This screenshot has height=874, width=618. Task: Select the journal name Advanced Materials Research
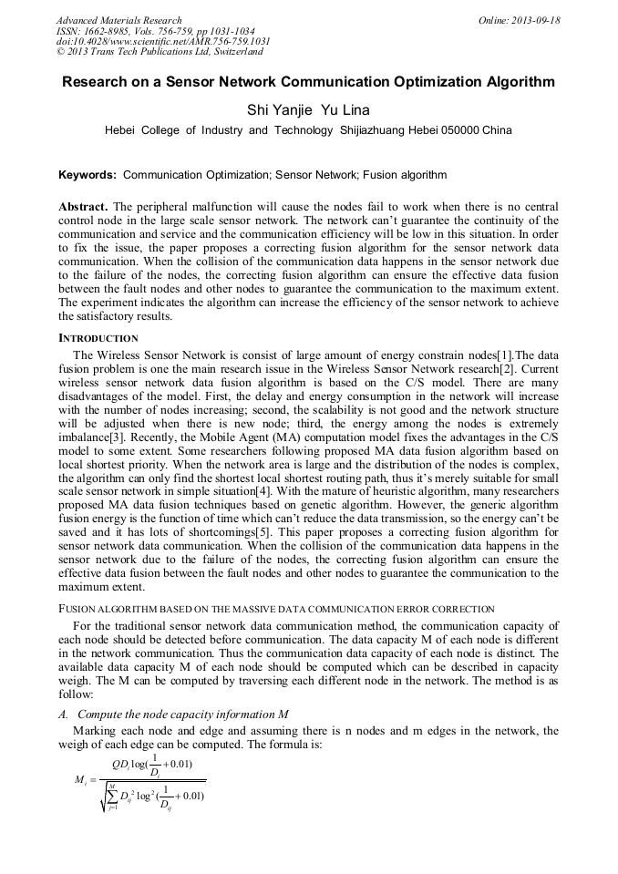coord(118,20)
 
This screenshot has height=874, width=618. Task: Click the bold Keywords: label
coord(88,174)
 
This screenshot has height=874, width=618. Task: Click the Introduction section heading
coord(98,338)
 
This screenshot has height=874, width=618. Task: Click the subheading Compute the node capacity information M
coord(182,714)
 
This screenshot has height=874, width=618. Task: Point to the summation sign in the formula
coord(112,793)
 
